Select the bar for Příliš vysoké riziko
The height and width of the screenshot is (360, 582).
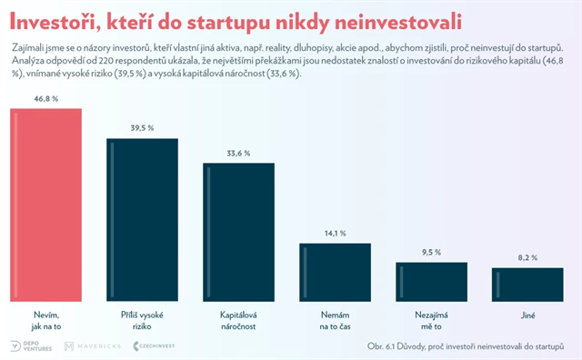(x=142, y=219)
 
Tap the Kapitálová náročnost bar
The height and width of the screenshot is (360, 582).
(x=238, y=231)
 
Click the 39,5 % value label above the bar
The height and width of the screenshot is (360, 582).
(x=142, y=127)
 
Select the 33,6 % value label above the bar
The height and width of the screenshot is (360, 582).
(x=238, y=152)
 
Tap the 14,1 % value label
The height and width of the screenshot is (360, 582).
(x=335, y=233)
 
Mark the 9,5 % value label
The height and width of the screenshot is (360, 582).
(x=431, y=252)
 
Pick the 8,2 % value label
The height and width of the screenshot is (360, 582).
(x=527, y=257)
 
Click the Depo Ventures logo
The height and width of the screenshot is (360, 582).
(x=30, y=346)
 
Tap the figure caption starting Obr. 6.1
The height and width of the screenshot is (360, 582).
(x=472, y=346)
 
